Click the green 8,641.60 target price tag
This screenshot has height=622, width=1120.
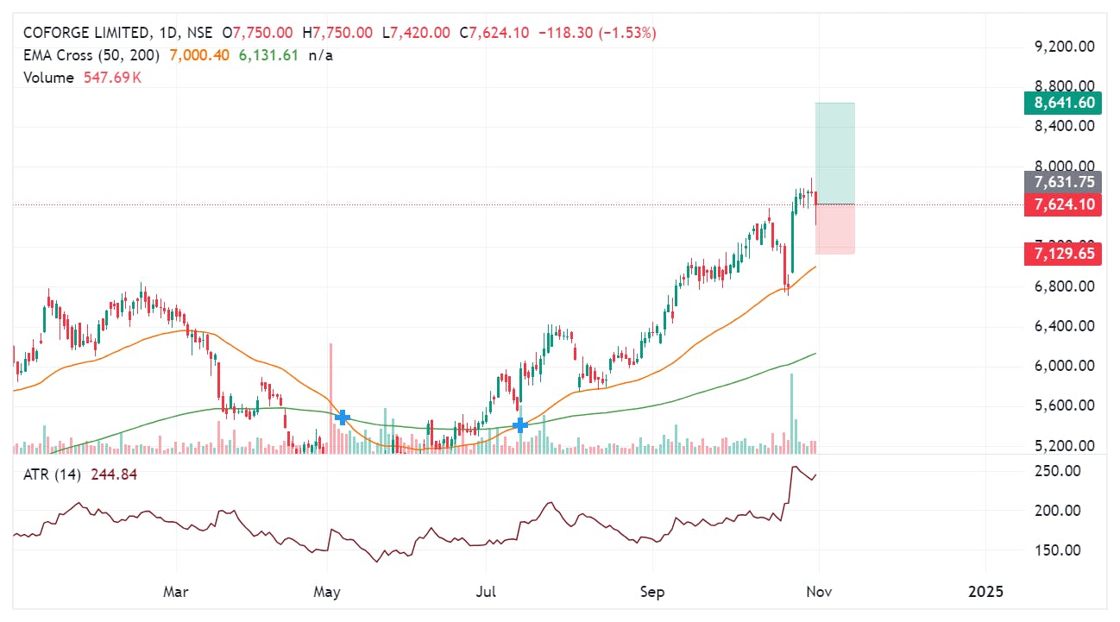[1062, 104]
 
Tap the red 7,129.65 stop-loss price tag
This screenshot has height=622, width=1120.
[1062, 254]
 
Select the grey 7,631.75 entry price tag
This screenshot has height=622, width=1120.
[1062, 182]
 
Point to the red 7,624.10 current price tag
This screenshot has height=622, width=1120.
[1062, 204]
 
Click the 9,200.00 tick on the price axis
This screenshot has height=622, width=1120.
[1063, 46]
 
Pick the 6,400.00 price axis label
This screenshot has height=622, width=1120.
[1063, 326]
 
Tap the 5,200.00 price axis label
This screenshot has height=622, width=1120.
[1063, 446]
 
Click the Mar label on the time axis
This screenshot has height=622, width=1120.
[176, 591]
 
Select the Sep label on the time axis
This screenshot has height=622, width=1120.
[653, 591]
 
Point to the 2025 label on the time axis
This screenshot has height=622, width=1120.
[985, 591]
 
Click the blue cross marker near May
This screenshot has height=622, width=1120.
[342, 418]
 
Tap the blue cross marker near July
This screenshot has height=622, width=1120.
[520, 424]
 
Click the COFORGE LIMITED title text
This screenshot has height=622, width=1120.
[85, 33]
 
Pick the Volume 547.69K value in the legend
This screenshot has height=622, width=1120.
[112, 78]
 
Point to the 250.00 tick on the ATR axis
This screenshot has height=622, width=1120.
[1058, 471]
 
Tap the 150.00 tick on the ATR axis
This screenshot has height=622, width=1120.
[1058, 550]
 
